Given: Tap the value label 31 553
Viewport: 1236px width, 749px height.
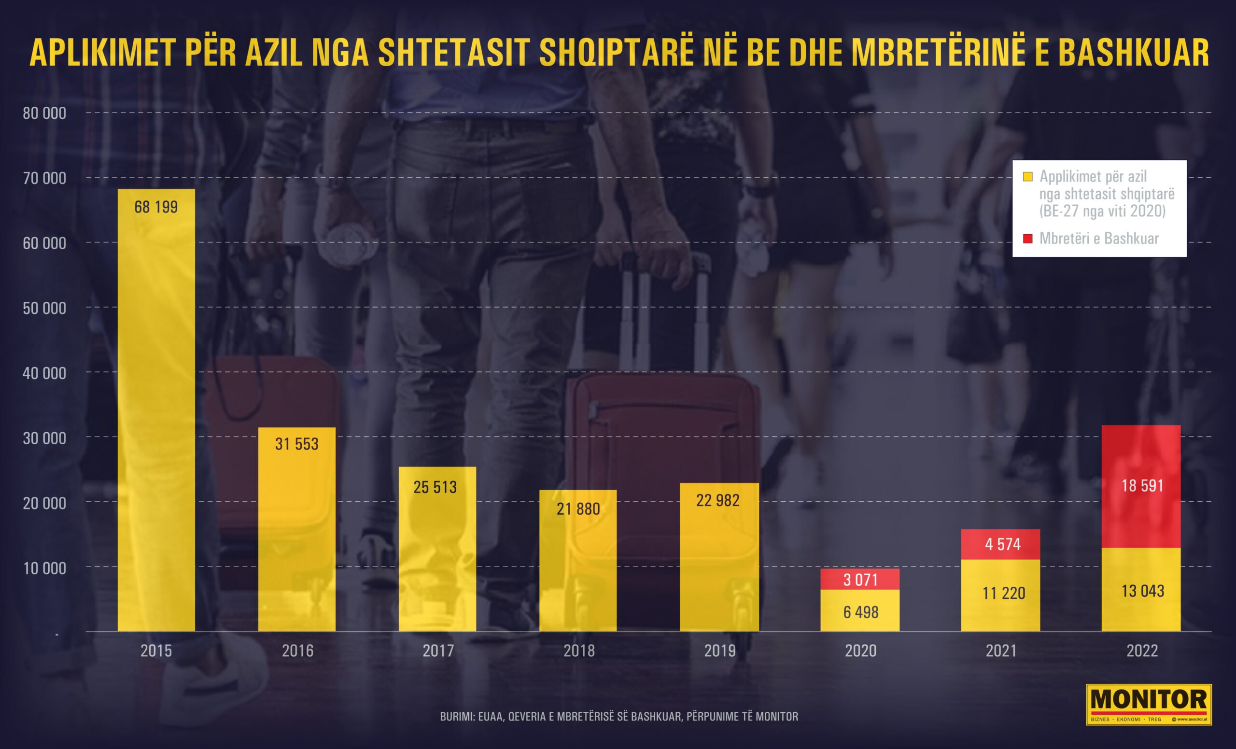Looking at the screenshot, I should pos(296,444).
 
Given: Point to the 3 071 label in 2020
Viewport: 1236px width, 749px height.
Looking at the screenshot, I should pos(860,580).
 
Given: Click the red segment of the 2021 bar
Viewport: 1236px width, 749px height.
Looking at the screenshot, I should pos(1000,544).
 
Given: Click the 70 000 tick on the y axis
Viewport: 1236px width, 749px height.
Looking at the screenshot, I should pos(44,178).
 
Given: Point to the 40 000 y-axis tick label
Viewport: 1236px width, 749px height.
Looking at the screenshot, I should pos(44,373).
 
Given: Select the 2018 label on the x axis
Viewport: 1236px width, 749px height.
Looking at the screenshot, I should pos(579,650).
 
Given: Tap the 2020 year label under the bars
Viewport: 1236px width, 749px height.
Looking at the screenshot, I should pos(860,650).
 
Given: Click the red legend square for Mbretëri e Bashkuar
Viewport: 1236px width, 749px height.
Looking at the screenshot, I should pos(1028,238).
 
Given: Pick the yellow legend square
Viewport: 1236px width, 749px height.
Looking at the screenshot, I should pos(1028,177).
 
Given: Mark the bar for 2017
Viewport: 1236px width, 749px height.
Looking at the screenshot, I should pos(437,550).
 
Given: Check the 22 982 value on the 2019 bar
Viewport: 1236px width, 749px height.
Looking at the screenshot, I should pos(718,500).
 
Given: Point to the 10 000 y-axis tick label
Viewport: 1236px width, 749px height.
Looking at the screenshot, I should pos(44,568).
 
